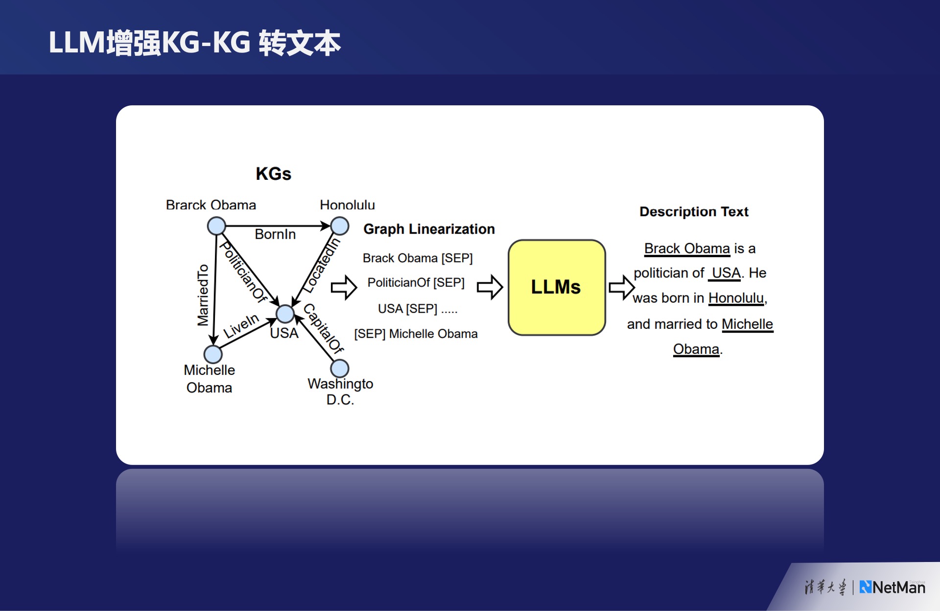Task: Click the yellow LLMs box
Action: coord(557,287)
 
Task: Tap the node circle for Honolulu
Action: coord(340,226)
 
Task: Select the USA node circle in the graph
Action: coord(285,314)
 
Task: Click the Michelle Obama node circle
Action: coord(213,354)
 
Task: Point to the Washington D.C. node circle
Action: coord(340,368)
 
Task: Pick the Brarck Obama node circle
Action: coord(216,226)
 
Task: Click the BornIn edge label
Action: coord(275,234)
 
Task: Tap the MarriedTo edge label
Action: coord(203,295)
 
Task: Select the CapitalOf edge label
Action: coord(324,328)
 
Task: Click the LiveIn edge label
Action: coord(241,326)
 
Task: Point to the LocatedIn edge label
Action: coord(321,265)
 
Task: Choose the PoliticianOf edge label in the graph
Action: coord(243,271)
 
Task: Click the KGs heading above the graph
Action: coord(273,173)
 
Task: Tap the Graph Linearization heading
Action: coord(429,229)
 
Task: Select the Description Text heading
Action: coord(694,212)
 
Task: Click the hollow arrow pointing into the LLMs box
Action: coord(490,287)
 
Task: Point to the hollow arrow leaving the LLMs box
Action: coord(621,287)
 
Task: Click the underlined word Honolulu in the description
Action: coord(736,298)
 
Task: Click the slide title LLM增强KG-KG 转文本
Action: coord(194,43)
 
